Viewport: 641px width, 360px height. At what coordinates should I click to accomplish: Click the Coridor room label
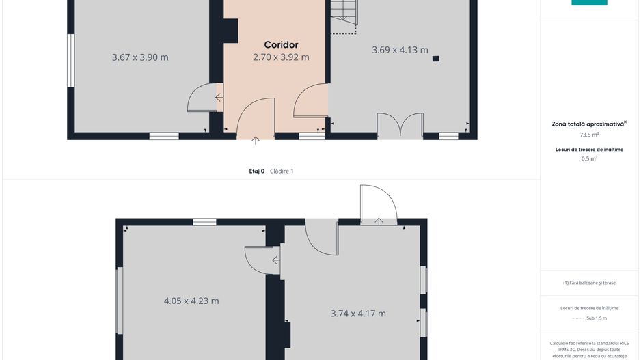coord(281,45)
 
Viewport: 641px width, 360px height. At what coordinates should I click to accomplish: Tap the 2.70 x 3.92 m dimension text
coord(281,57)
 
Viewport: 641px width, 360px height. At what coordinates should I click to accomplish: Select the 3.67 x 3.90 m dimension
coord(140,57)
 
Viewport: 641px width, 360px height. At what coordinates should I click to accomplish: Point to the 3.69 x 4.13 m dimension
coord(400,50)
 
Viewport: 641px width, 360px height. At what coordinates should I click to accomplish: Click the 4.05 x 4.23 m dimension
coord(191,301)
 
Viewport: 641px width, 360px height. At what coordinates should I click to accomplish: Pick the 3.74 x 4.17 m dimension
coord(358,314)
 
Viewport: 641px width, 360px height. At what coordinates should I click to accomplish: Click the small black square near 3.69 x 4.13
coord(436,59)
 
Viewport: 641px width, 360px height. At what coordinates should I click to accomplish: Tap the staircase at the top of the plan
coord(343,16)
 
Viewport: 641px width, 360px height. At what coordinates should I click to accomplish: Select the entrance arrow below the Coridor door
coord(256,140)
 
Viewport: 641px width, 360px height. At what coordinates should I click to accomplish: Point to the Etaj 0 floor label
coord(257,171)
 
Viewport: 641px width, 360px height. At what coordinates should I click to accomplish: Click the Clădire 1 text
coord(282,171)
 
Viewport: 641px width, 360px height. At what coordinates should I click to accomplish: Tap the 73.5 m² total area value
coord(589,135)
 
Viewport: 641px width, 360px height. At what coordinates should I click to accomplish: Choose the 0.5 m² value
coord(589,158)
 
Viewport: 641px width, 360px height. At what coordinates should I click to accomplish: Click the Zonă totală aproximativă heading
coord(589,124)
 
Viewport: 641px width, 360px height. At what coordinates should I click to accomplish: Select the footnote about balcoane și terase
coord(589,283)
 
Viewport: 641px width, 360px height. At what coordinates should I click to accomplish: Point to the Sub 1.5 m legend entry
coord(597,318)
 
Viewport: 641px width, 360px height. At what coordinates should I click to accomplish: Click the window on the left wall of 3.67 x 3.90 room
coord(71,61)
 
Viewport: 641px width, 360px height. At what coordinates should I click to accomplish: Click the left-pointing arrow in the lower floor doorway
coord(276,260)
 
